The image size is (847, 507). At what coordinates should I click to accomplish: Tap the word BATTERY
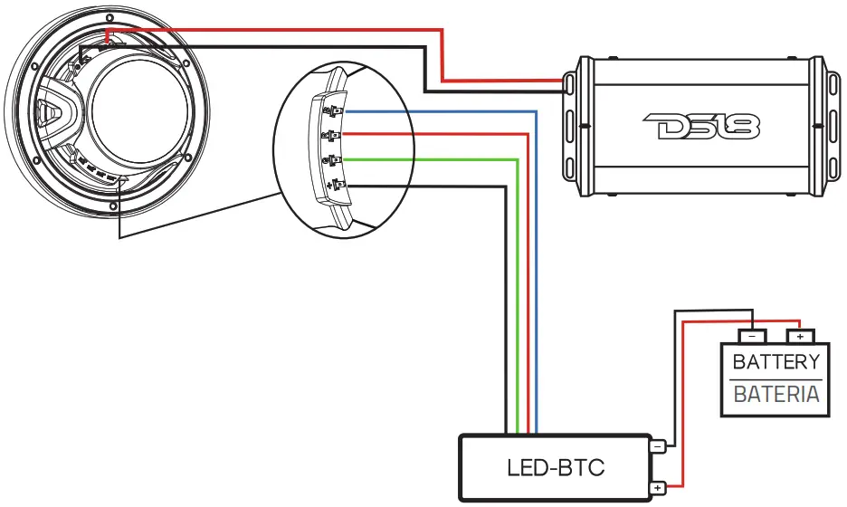[x=776, y=363]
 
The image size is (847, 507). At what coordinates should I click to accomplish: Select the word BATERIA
[x=776, y=395]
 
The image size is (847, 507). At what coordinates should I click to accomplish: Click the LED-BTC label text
[x=555, y=468]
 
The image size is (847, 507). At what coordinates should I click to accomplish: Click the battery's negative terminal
[x=751, y=336]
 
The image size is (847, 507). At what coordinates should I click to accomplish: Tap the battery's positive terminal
[x=798, y=336]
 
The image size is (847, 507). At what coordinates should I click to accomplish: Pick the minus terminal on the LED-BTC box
[x=657, y=446]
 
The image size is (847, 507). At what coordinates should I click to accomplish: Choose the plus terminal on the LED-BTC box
[x=657, y=489]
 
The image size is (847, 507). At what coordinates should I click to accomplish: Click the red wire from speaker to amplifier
[x=442, y=54]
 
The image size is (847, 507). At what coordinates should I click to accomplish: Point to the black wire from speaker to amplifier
[x=426, y=68]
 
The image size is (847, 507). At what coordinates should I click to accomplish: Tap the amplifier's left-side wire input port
[x=569, y=85]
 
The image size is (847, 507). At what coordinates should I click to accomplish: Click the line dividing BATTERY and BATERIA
[x=776, y=379]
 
